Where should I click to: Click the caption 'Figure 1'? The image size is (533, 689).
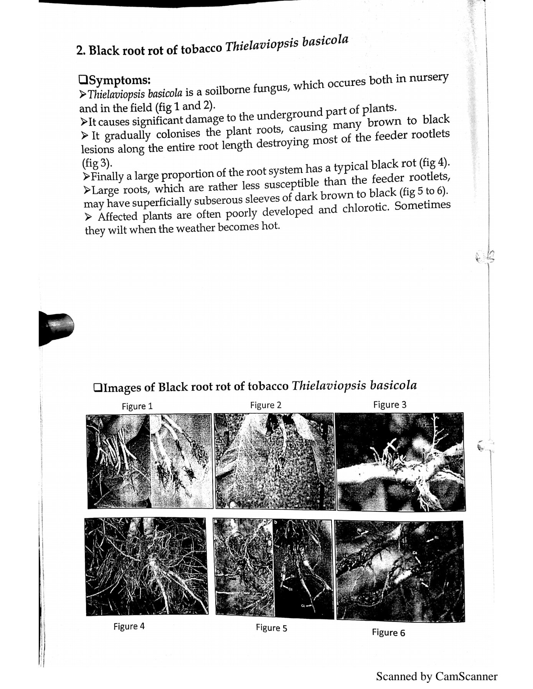(137, 406)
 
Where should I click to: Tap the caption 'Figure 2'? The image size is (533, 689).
(266, 405)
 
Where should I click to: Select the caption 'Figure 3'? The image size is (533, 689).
(389, 405)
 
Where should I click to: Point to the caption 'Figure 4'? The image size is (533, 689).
(129, 627)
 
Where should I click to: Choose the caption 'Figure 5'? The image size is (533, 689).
(271, 628)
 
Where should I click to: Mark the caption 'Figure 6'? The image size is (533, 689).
(388, 633)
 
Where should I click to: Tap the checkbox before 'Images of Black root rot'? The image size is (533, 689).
(98, 388)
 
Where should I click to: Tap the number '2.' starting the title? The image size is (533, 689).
(81, 51)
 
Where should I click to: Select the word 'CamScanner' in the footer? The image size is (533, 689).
(466, 676)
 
